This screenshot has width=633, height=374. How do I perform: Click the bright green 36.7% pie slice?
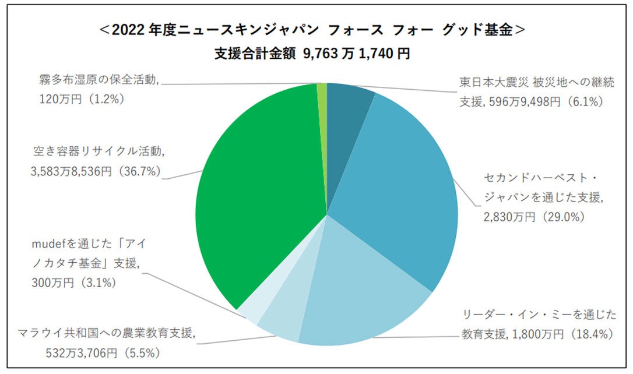262,192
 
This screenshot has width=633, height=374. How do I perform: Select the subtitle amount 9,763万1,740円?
356,54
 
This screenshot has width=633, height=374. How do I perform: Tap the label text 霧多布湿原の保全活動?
100,80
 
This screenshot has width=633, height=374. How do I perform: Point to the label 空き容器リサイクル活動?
99,153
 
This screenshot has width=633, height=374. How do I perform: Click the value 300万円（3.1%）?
75,283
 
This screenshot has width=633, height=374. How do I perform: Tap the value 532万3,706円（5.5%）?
103,352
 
